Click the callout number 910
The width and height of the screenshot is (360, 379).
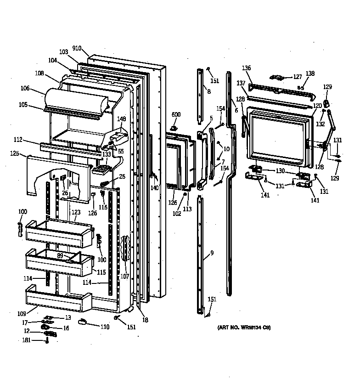pos(77,48)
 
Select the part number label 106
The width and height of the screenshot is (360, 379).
pos(38,89)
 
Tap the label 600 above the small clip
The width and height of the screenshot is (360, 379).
pos(176,114)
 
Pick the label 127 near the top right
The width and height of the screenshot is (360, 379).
pos(298,77)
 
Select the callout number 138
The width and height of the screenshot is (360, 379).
pos(310,74)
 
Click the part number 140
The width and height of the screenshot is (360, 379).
pos(154,187)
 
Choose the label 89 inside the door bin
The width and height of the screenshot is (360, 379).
pos(60,255)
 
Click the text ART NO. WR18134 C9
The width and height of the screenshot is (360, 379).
pos(244,328)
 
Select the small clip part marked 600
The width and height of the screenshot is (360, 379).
pos(174,127)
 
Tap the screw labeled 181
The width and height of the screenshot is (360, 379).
pos(47,340)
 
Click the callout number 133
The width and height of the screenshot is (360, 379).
pos(107,154)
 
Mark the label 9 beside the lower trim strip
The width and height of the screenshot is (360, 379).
pos(212,253)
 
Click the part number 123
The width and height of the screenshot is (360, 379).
pos(75,212)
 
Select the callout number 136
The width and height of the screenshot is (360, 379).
pos(247,68)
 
